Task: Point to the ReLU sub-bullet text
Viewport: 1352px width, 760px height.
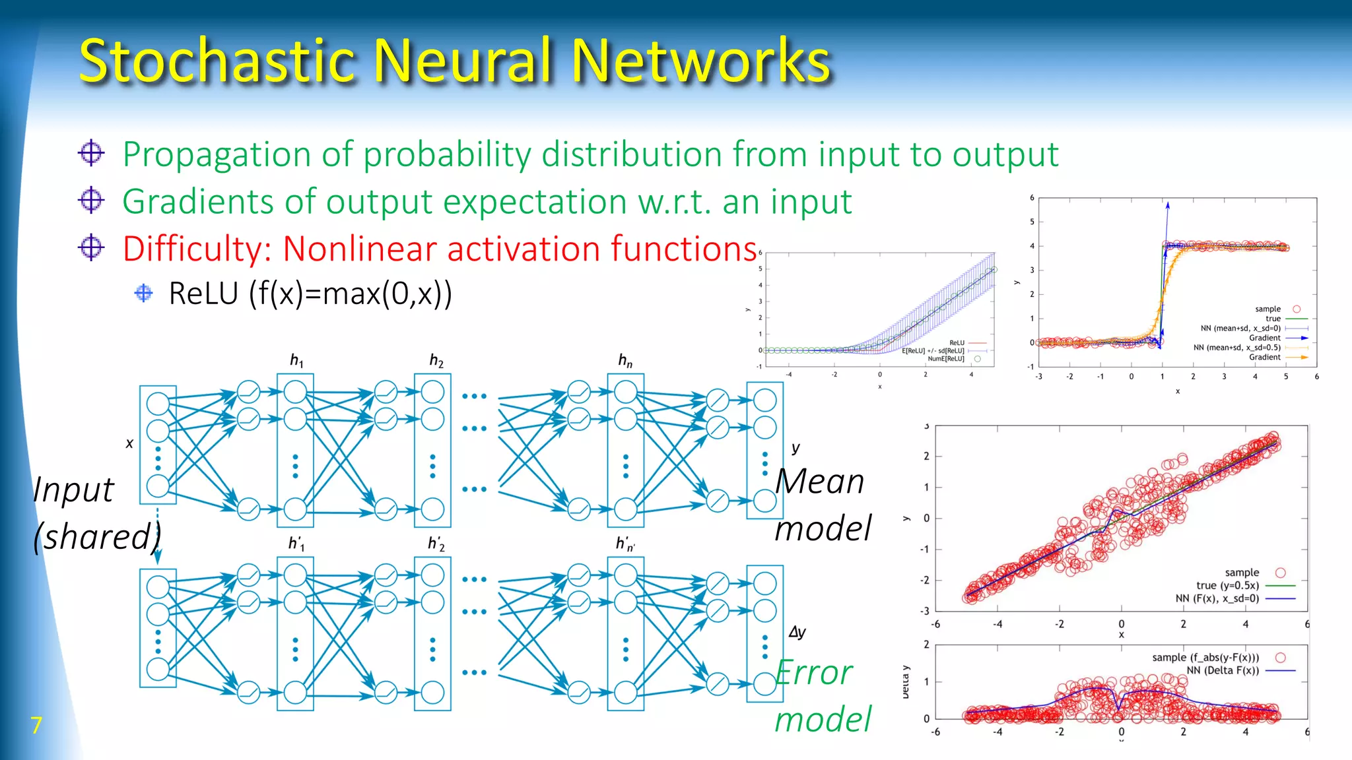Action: [x=310, y=294]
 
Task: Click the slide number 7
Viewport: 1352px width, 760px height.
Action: [x=36, y=725]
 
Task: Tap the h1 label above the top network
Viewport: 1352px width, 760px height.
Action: [x=296, y=360]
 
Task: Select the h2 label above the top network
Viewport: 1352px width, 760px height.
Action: [x=436, y=360]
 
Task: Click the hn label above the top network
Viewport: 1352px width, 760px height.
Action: [x=625, y=360]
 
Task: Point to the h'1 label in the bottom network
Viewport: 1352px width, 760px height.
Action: [x=296, y=544]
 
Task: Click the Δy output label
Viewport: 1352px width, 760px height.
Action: [x=797, y=632]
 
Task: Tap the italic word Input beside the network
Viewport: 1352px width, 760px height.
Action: [x=74, y=490]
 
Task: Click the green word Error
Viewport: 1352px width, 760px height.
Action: [x=814, y=673]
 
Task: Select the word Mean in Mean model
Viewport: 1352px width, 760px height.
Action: [x=820, y=481]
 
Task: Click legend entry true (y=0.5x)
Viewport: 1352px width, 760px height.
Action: [x=1227, y=585]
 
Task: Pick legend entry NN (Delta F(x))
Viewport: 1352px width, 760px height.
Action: [x=1223, y=670]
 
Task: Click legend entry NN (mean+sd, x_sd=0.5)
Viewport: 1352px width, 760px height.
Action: [x=1236, y=347]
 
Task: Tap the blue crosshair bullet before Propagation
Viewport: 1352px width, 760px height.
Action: [x=91, y=153]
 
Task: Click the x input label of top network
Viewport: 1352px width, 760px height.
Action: [x=129, y=443]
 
